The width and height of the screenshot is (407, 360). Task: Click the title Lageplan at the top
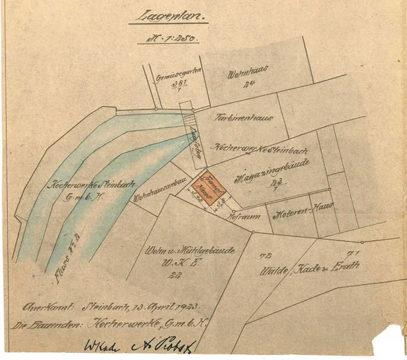167,17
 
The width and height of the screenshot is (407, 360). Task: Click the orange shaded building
211,185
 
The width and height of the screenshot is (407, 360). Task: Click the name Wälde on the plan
271,270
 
